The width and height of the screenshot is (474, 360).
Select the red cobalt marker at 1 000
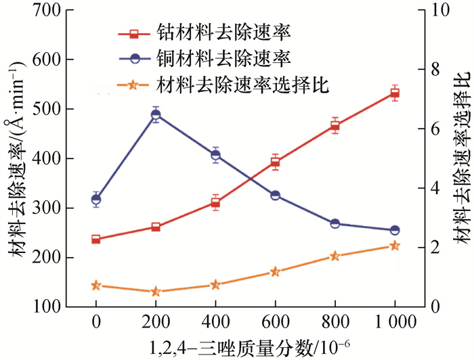coord(395,93)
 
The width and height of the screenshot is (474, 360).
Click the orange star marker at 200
coord(156,292)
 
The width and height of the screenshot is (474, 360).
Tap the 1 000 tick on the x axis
coord(395,321)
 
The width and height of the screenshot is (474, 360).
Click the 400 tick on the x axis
coord(215,321)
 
